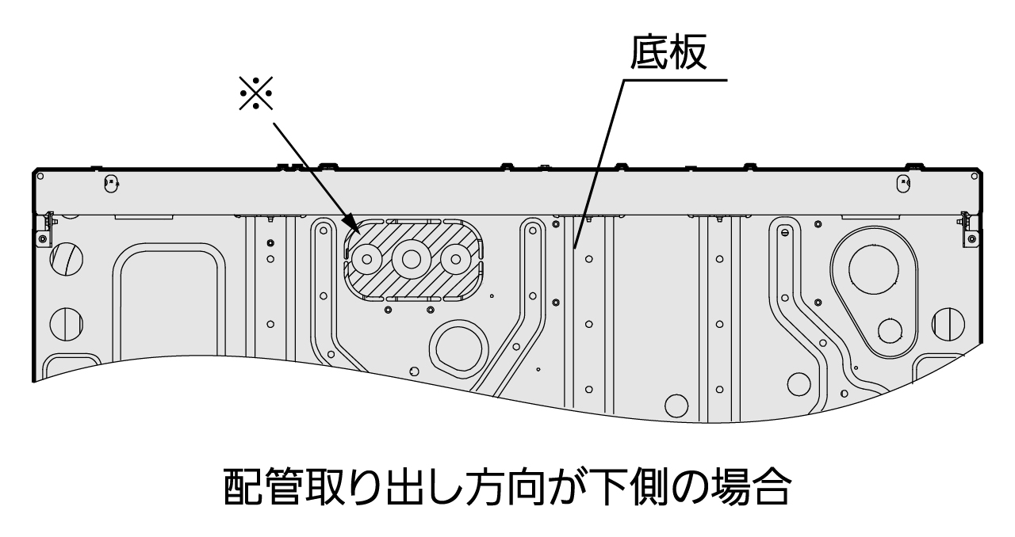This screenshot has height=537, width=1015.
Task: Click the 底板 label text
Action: click(668, 54)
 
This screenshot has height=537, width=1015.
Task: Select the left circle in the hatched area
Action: click(368, 258)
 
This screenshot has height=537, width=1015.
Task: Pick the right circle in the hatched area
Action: click(455, 257)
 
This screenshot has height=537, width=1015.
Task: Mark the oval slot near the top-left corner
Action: click(110, 184)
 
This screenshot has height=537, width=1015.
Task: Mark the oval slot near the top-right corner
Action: click(902, 184)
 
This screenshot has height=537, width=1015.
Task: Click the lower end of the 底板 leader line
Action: click(576, 246)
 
